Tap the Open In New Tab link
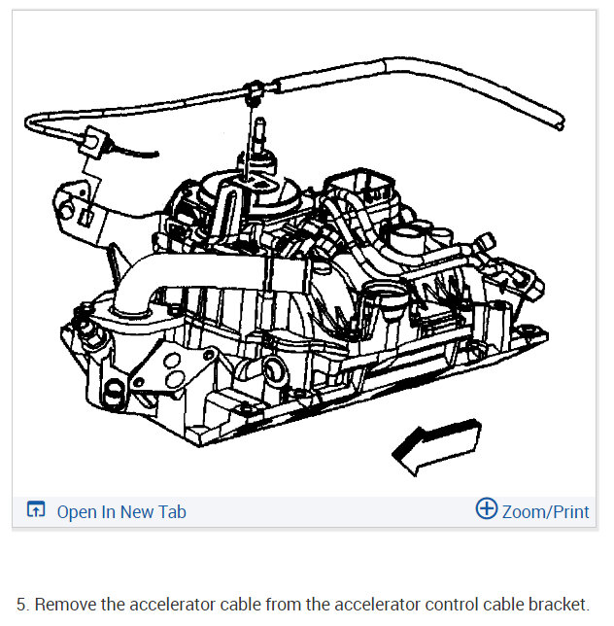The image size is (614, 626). pyautogui.click(x=120, y=511)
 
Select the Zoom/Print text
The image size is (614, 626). pyautogui.click(x=545, y=511)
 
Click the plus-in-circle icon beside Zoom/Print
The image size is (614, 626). pyautogui.click(x=486, y=509)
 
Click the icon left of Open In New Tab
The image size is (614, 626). pyautogui.click(x=36, y=511)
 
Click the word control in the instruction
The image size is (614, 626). pyautogui.click(x=446, y=604)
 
